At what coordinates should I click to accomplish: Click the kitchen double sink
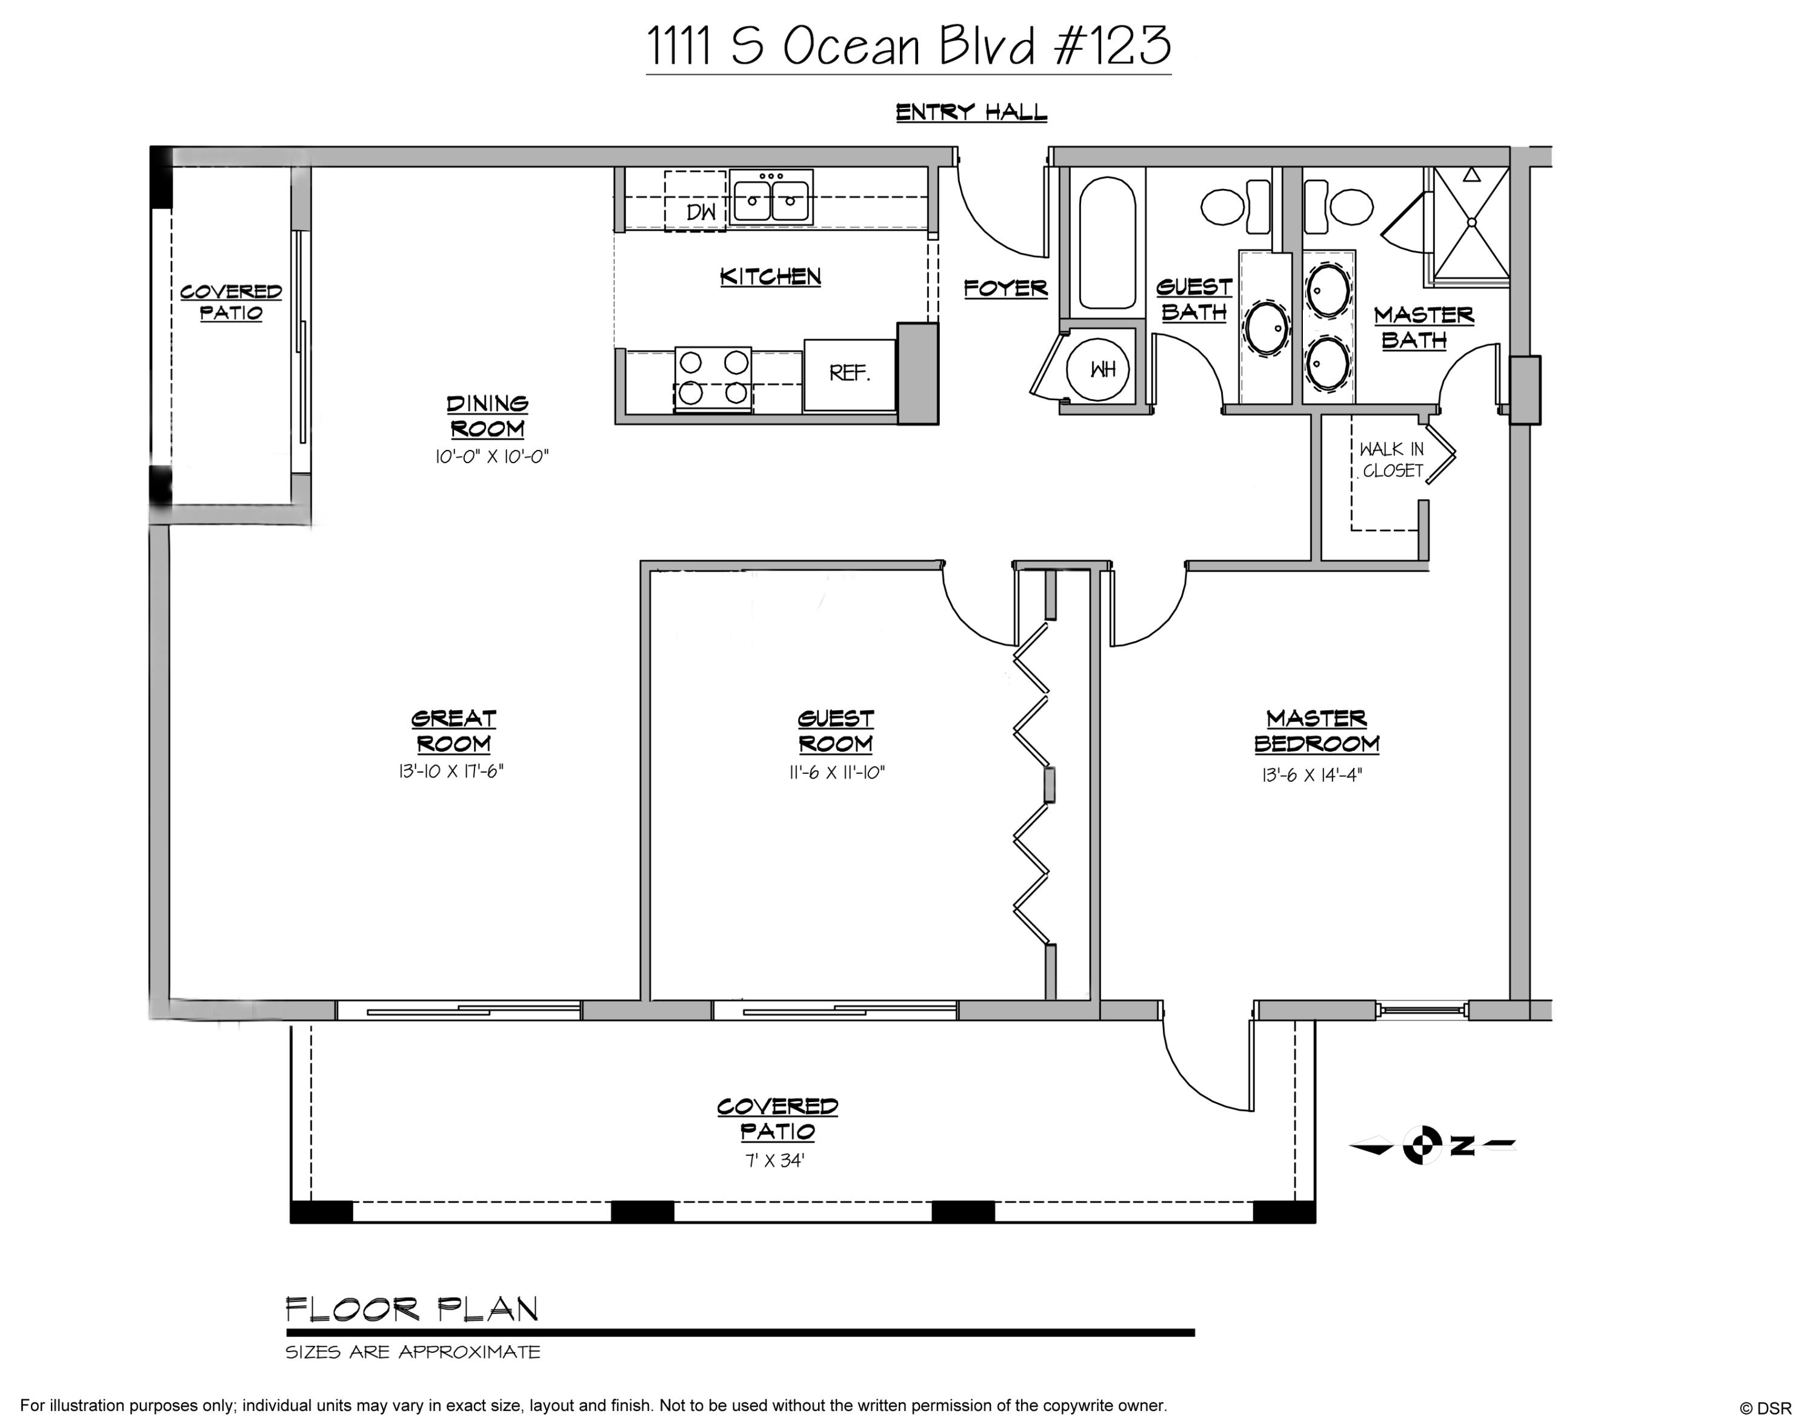[x=770, y=198]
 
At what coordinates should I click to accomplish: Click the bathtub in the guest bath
[x=1107, y=243]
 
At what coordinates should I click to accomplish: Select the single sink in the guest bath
[x=1265, y=328]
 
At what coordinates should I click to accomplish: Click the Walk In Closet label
[x=1391, y=460]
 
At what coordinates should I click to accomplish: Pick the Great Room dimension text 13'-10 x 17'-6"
[x=451, y=771]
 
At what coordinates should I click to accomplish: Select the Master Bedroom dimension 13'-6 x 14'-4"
[x=1312, y=776]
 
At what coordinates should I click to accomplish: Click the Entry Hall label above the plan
[x=971, y=113]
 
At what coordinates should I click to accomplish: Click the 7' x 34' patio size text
[x=774, y=1160]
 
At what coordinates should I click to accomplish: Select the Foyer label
[x=1005, y=288]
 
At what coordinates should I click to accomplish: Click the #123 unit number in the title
[x=1113, y=46]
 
